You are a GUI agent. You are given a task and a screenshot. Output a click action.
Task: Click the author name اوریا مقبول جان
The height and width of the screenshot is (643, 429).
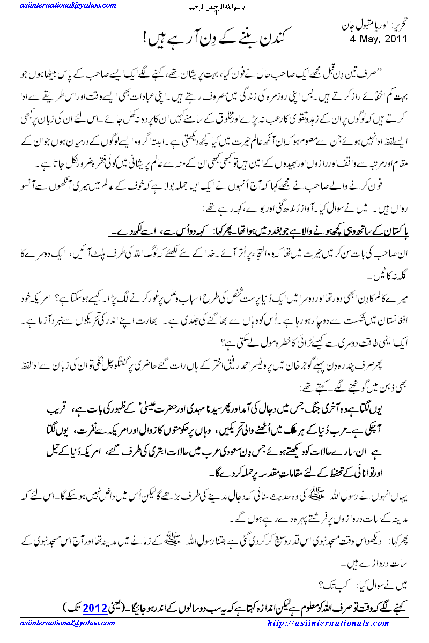[363, 26]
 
